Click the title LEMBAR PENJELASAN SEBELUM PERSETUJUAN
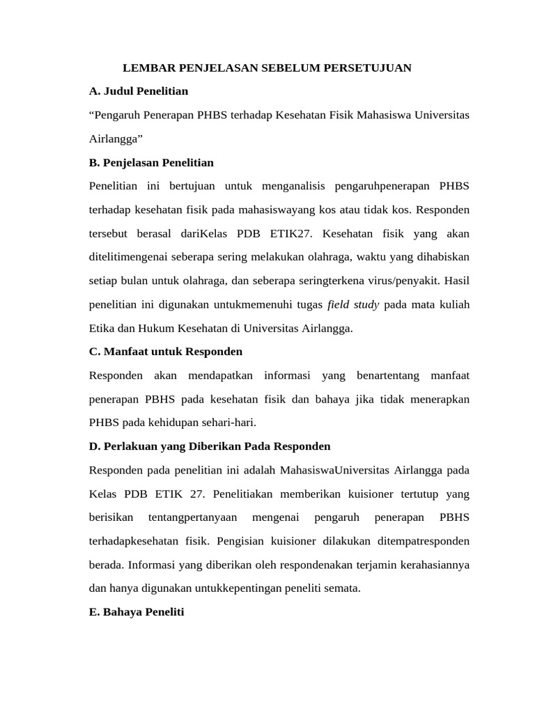click(x=267, y=68)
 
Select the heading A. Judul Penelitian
click(x=139, y=91)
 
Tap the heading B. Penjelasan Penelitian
click(x=151, y=162)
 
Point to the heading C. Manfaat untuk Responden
click(x=166, y=352)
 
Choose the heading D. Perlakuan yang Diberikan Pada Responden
click(x=210, y=446)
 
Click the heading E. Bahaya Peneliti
click(x=137, y=612)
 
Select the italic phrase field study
click(x=353, y=304)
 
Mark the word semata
click(x=342, y=588)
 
